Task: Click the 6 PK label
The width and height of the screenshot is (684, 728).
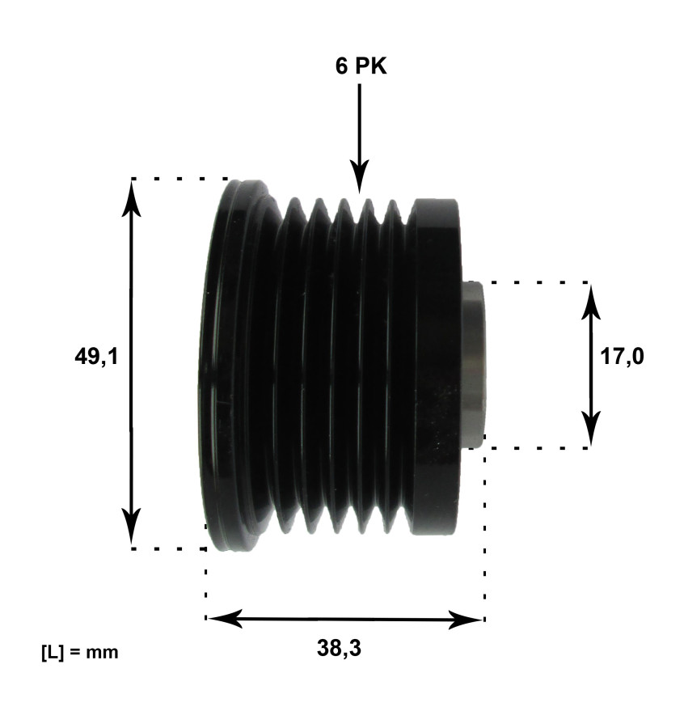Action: point(361,66)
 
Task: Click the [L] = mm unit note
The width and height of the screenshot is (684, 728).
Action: point(79,651)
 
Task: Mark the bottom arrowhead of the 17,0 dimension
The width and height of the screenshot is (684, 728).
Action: point(592,429)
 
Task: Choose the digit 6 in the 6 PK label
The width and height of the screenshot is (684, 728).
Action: point(342,66)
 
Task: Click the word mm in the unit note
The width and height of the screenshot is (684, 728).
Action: point(104,651)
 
